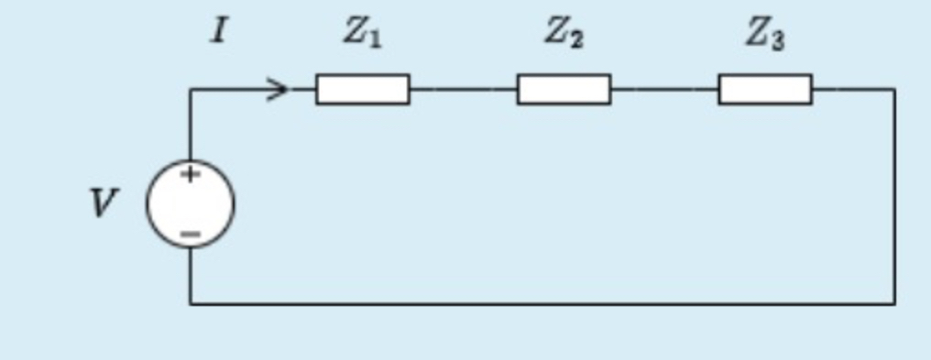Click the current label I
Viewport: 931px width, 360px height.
click(x=217, y=33)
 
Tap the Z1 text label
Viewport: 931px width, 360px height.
click(x=362, y=33)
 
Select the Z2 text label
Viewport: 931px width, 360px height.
click(x=564, y=33)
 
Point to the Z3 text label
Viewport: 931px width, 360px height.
click(x=764, y=34)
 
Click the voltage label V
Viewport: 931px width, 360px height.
click(x=104, y=203)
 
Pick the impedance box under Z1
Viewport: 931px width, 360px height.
click(x=363, y=89)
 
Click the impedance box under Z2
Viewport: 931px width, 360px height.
click(x=564, y=89)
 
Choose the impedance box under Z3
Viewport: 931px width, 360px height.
click(x=765, y=89)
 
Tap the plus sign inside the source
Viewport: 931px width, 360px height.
click(x=189, y=174)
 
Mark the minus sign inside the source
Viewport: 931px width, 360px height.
click(x=190, y=234)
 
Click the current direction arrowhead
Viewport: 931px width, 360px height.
click(x=279, y=89)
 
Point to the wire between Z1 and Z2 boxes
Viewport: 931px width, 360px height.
click(x=463, y=89)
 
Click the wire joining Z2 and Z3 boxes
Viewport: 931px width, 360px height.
click(x=664, y=89)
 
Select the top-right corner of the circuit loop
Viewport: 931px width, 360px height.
click(x=894, y=89)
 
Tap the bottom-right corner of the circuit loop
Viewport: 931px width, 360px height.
click(x=894, y=302)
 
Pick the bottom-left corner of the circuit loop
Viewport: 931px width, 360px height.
click(x=191, y=302)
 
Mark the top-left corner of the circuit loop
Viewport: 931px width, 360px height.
click(x=191, y=89)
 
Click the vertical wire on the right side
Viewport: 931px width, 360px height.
click(x=894, y=196)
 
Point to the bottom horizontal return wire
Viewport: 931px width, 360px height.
click(x=541, y=302)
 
